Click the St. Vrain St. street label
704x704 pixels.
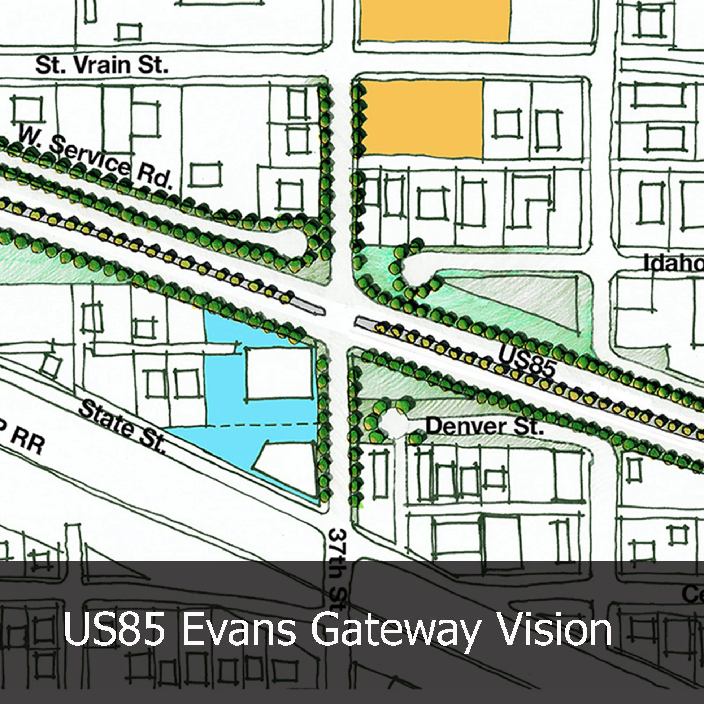(102, 66)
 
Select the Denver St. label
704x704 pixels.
(484, 426)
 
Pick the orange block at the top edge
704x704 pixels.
(435, 20)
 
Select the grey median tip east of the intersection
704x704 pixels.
(364, 322)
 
